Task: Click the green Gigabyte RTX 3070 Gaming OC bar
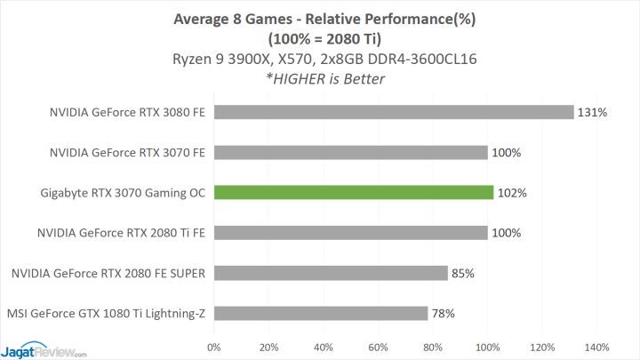tap(353, 192)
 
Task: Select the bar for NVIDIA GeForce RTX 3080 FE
tap(393, 112)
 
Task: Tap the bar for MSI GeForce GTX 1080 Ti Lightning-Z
tap(320, 313)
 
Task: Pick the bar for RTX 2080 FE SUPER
tap(330, 273)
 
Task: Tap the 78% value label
tap(444, 313)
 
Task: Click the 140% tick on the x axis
tap(596, 347)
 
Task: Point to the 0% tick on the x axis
tap(213, 347)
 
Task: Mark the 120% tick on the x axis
tap(541, 347)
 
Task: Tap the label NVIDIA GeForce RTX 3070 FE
tap(129, 153)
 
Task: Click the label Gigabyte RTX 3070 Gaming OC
tap(124, 193)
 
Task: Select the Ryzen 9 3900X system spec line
tap(319, 60)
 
